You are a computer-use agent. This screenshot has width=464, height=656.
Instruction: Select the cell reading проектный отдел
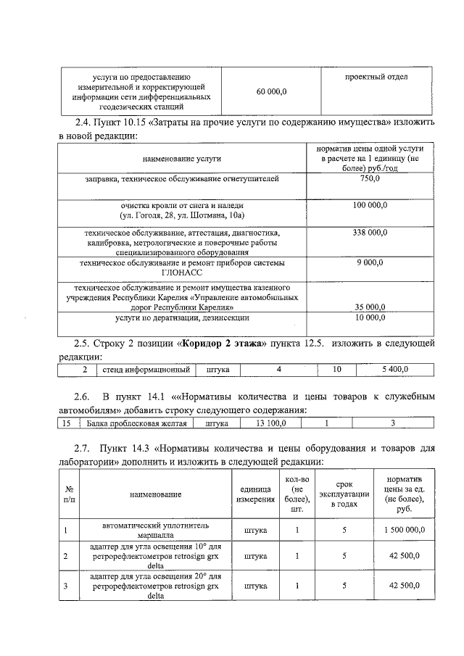pos(376,77)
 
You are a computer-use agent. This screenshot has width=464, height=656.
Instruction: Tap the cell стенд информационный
pos(146,370)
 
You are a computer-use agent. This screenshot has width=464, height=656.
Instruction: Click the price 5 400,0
pos(395,370)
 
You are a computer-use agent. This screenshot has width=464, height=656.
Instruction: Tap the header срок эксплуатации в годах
pos(344,494)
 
